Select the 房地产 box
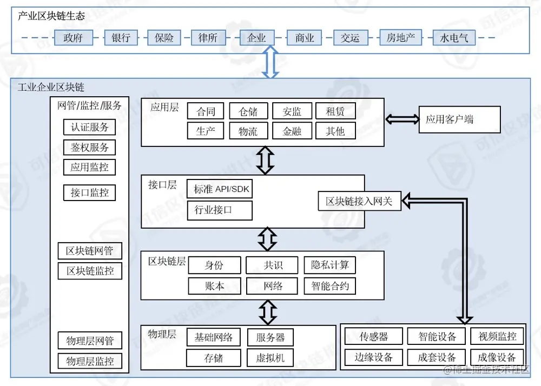[x=400, y=38]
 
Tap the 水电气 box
[x=451, y=38]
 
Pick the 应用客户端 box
[x=459, y=119]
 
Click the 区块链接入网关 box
[x=359, y=202]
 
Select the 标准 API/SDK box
[x=220, y=189]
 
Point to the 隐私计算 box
[x=330, y=265]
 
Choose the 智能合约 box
[x=330, y=286]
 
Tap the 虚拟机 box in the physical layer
[x=270, y=357]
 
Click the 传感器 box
[x=374, y=336]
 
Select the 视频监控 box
[x=497, y=336]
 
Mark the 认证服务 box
[x=90, y=127]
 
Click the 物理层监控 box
[x=90, y=361]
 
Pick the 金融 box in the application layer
[x=292, y=131]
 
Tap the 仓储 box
[x=248, y=111]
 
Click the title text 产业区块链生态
[x=51, y=16]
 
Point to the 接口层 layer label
[x=163, y=185]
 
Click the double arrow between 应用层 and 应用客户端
[x=401, y=119]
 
